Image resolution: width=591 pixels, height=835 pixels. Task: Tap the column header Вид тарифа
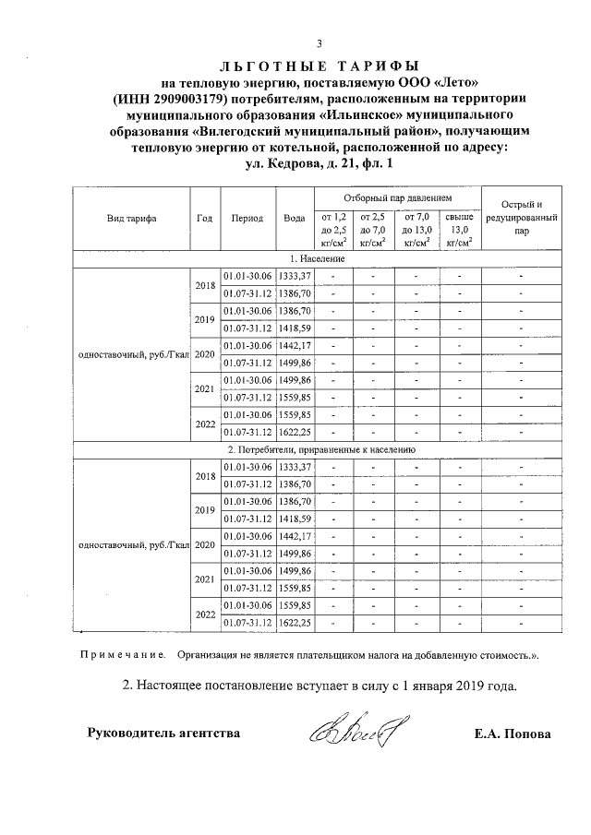[x=131, y=219]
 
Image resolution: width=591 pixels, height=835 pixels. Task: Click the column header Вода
[x=295, y=219]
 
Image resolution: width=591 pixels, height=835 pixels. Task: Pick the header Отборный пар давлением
[x=397, y=198]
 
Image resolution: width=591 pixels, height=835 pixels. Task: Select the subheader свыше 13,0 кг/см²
[x=459, y=229]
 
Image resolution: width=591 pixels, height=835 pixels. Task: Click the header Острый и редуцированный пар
[x=522, y=219]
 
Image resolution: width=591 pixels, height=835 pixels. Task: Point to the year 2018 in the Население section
[x=205, y=285]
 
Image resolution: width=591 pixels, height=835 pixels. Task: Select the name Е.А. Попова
[x=512, y=734]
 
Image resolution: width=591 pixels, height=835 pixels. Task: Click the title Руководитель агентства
[x=163, y=734]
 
